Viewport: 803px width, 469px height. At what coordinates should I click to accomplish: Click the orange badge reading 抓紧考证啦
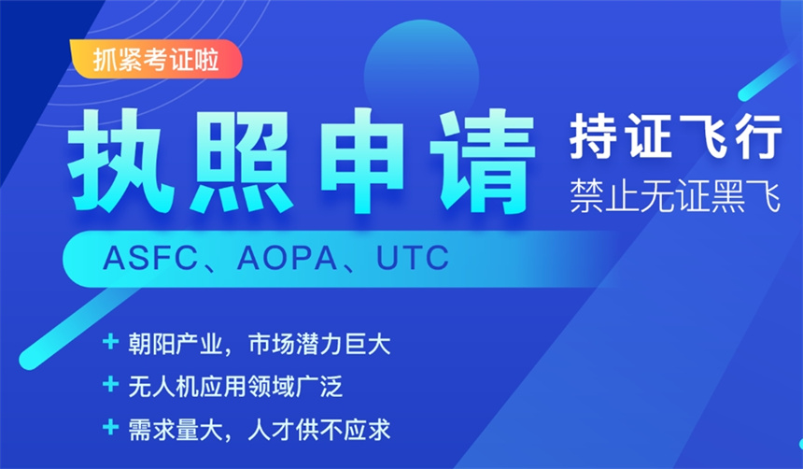[156, 59]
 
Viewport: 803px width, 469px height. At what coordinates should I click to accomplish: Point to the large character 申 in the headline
[362, 161]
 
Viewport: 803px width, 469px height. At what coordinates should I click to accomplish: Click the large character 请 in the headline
[483, 161]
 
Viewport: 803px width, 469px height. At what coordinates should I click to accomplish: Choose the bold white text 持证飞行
[675, 136]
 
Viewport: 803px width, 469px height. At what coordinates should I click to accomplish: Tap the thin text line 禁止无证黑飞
[675, 196]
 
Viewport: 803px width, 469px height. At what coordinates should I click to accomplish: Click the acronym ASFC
[150, 259]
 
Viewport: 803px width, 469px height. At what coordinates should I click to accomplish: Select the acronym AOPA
[287, 259]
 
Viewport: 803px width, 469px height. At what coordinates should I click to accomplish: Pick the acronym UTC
[413, 259]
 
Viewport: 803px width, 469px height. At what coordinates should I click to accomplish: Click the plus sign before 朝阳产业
[110, 341]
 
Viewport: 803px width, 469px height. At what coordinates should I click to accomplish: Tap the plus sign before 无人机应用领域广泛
[110, 384]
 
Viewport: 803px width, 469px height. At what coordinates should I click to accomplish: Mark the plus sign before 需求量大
[110, 427]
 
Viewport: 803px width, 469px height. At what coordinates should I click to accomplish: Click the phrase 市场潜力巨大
[319, 344]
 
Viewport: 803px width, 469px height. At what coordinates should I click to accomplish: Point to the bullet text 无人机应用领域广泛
[235, 387]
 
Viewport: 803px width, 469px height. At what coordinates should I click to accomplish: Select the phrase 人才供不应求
[319, 430]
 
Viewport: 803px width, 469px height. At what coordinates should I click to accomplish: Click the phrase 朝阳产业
[176, 344]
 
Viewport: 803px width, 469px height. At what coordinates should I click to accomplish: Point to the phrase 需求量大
[176, 430]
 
